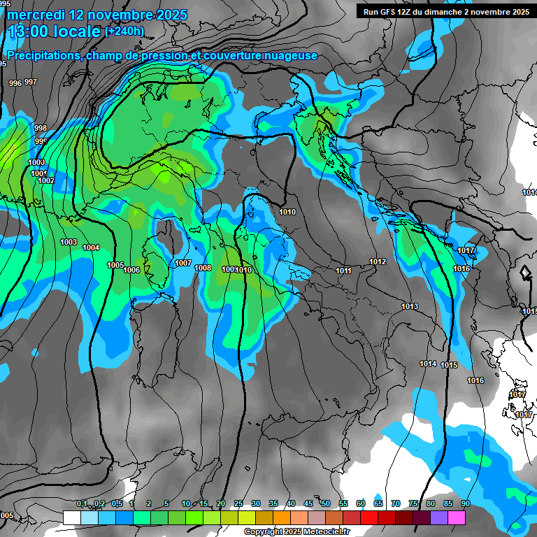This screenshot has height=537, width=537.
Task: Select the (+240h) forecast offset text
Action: tap(124, 31)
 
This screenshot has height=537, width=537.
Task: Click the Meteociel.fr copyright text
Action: tap(296, 532)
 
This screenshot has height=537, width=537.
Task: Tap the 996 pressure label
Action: tap(15, 83)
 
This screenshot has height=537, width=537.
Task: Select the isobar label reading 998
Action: tap(41, 128)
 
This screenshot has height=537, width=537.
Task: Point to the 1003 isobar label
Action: tap(69, 242)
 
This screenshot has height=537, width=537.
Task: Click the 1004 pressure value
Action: tap(91, 248)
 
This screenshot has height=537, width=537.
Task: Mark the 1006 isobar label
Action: tap(131, 270)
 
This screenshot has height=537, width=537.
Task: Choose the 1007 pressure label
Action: tap(183, 263)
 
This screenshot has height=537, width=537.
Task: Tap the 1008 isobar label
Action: tap(203, 268)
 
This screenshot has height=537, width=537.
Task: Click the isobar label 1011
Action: tap(343, 271)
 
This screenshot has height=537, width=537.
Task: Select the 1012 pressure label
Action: tap(378, 262)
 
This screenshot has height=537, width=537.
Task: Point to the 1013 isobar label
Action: tap(410, 306)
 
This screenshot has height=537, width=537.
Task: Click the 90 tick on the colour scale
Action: tap(465, 503)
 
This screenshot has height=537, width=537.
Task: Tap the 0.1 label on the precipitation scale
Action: tap(82, 503)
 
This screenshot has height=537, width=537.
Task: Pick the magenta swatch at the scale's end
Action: tap(457, 517)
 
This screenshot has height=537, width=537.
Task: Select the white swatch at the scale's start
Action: tap(71, 517)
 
